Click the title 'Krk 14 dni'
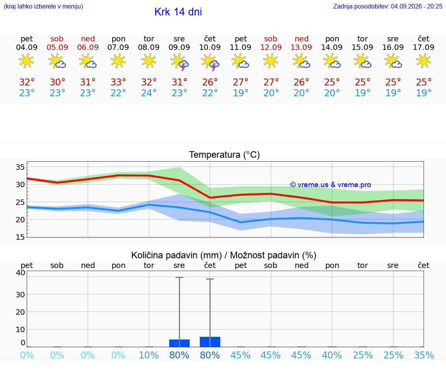(178, 12)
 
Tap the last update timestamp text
(388, 6)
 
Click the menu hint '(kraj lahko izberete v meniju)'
(43, 6)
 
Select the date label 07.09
(118, 47)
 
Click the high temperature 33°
(118, 82)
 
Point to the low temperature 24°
(149, 93)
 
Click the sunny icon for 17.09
(424, 61)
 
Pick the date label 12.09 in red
(271, 47)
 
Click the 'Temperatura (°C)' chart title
(225, 155)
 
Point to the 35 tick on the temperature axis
(20, 167)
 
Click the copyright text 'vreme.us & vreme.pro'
(331, 185)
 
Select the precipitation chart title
(224, 255)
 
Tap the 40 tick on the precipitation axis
(21, 273)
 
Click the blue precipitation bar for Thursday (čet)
(210, 342)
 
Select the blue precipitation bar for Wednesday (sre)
(180, 343)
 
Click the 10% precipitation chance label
(149, 355)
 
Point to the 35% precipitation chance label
(424, 355)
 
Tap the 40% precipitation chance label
(332, 355)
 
